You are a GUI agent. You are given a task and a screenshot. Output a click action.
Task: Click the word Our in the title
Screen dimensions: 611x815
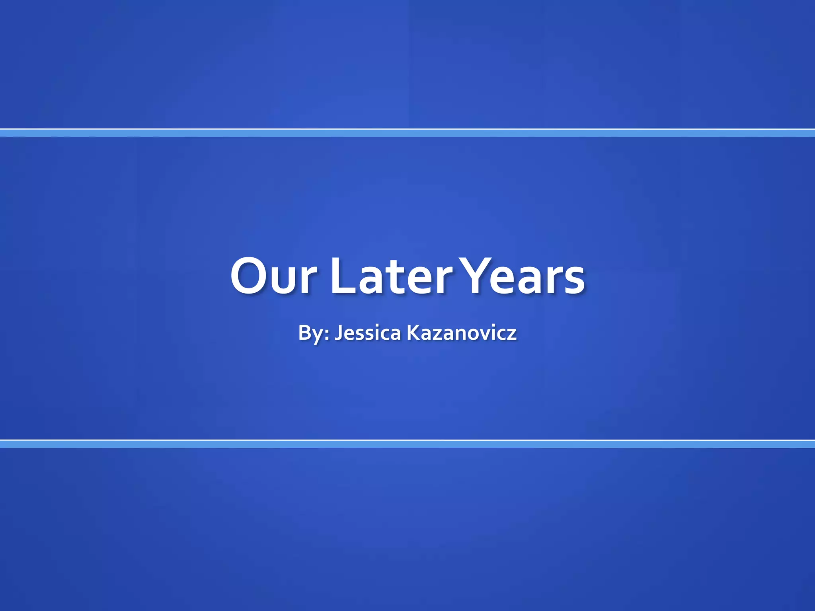click(x=274, y=276)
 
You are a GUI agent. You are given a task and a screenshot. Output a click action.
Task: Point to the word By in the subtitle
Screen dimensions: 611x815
click(x=310, y=333)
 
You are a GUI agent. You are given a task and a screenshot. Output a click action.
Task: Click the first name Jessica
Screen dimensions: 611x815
click(x=367, y=333)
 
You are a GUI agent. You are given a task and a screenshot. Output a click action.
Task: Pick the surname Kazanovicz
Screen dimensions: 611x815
click(x=462, y=333)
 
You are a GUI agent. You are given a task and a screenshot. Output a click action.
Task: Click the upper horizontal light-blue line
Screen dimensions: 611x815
click(x=407, y=133)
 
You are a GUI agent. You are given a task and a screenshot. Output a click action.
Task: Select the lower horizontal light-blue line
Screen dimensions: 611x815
click(x=407, y=444)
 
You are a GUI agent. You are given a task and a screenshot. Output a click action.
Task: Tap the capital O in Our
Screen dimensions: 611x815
click(x=250, y=276)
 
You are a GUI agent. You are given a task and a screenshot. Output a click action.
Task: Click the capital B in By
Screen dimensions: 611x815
click(x=305, y=333)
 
